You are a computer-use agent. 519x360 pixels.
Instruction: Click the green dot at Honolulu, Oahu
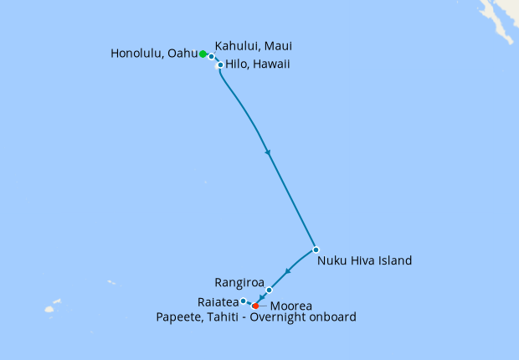(203, 54)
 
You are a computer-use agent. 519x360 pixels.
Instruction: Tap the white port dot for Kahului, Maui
(212, 57)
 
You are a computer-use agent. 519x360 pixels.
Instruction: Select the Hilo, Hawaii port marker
(220, 64)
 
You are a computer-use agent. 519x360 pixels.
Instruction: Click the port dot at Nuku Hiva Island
(316, 249)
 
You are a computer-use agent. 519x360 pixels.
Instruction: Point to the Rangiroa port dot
(270, 290)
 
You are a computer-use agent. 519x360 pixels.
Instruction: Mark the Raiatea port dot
(243, 301)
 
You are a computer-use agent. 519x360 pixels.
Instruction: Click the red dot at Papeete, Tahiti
(255, 306)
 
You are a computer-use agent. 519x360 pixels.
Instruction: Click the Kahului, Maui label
(254, 45)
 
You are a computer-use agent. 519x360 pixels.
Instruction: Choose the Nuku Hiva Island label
(365, 260)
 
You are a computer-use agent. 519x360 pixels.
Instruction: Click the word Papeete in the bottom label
(179, 317)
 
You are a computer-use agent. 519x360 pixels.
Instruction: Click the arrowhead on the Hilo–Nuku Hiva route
(268, 152)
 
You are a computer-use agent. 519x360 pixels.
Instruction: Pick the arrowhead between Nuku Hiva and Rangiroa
(287, 271)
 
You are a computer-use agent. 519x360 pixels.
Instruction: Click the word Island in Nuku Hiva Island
(394, 260)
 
